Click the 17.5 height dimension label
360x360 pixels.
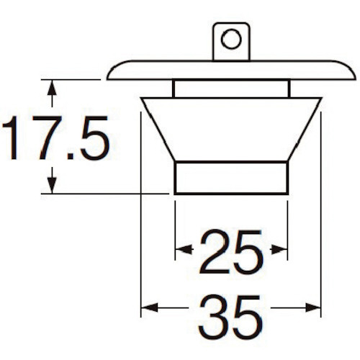pos(55,138)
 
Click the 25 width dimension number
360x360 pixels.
pos(231,252)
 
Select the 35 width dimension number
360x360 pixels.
pos(230,317)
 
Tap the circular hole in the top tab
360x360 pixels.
pos(231,39)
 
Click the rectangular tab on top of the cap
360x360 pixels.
pos(231,41)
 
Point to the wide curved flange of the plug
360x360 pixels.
pos(231,70)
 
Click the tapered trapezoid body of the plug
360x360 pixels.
pos(231,130)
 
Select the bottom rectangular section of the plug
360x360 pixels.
pos(231,178)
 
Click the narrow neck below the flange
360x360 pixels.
pos(231,89)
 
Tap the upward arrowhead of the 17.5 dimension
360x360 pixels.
pos(52,88)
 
